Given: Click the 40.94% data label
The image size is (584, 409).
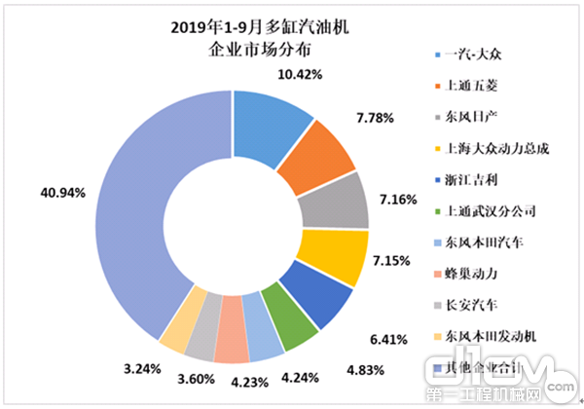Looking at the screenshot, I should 60,192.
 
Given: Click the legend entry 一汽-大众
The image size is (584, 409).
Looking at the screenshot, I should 473,55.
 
